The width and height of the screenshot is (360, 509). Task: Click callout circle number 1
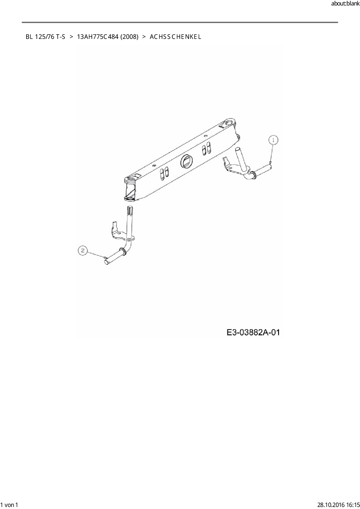pos(273,140)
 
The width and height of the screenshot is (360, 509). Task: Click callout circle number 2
pos(83,250)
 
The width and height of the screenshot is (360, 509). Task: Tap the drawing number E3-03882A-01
pos(253,332)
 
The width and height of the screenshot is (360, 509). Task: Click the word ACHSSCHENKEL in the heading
pos(175,37)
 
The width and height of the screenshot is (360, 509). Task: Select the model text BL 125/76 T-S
pos(46,37)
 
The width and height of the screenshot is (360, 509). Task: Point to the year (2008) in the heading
pos(128,37)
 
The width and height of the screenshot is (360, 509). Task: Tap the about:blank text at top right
pos(345,4)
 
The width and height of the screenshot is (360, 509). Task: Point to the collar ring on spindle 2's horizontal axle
pos(123,251)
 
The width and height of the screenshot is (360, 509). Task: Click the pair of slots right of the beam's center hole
pos(206,148)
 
